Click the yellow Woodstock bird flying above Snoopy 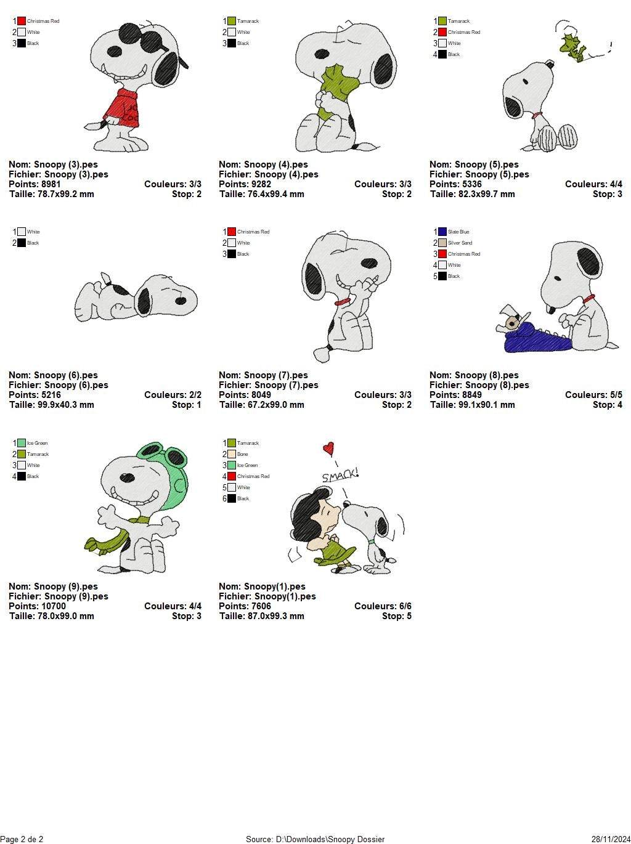[573, 47]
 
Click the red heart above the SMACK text [329, 448]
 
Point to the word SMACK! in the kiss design [340, 476]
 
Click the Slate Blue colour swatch [442, 232]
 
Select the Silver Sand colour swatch [442, 243]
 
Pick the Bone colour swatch [232, 454]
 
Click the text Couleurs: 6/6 [383, 606]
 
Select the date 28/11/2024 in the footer [610, 839]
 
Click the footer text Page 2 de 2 [22, 839]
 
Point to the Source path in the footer [315, 839]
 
